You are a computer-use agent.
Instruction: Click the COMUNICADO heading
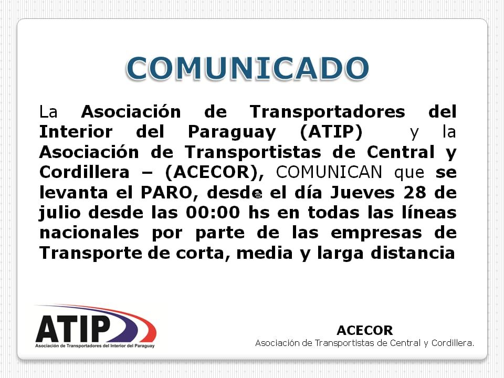coord(247,68)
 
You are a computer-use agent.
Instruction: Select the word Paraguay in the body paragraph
coord(232,132)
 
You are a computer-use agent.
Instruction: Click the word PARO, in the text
coord(170,193)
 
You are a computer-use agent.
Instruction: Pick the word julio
coord(60,213)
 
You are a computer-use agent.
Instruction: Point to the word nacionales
coord(89,233)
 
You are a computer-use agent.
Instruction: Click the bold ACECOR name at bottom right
coord(364,331)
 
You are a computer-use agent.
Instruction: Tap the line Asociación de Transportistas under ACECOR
coord(364,343)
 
